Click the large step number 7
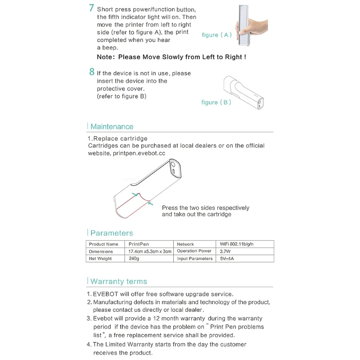[91, 8]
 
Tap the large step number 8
[91, 72]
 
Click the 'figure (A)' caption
[216, 35]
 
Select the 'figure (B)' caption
[216, 103]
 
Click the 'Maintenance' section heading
[112, 127]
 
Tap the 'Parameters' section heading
[112, 233]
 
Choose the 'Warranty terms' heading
[118, 282]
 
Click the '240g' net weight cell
[134, 259]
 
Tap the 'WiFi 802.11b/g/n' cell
[237, 244]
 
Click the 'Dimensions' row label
[101, 252]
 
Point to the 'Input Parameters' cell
[194, 259]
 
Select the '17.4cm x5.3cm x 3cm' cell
[150, 252]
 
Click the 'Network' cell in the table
[185, 244]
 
